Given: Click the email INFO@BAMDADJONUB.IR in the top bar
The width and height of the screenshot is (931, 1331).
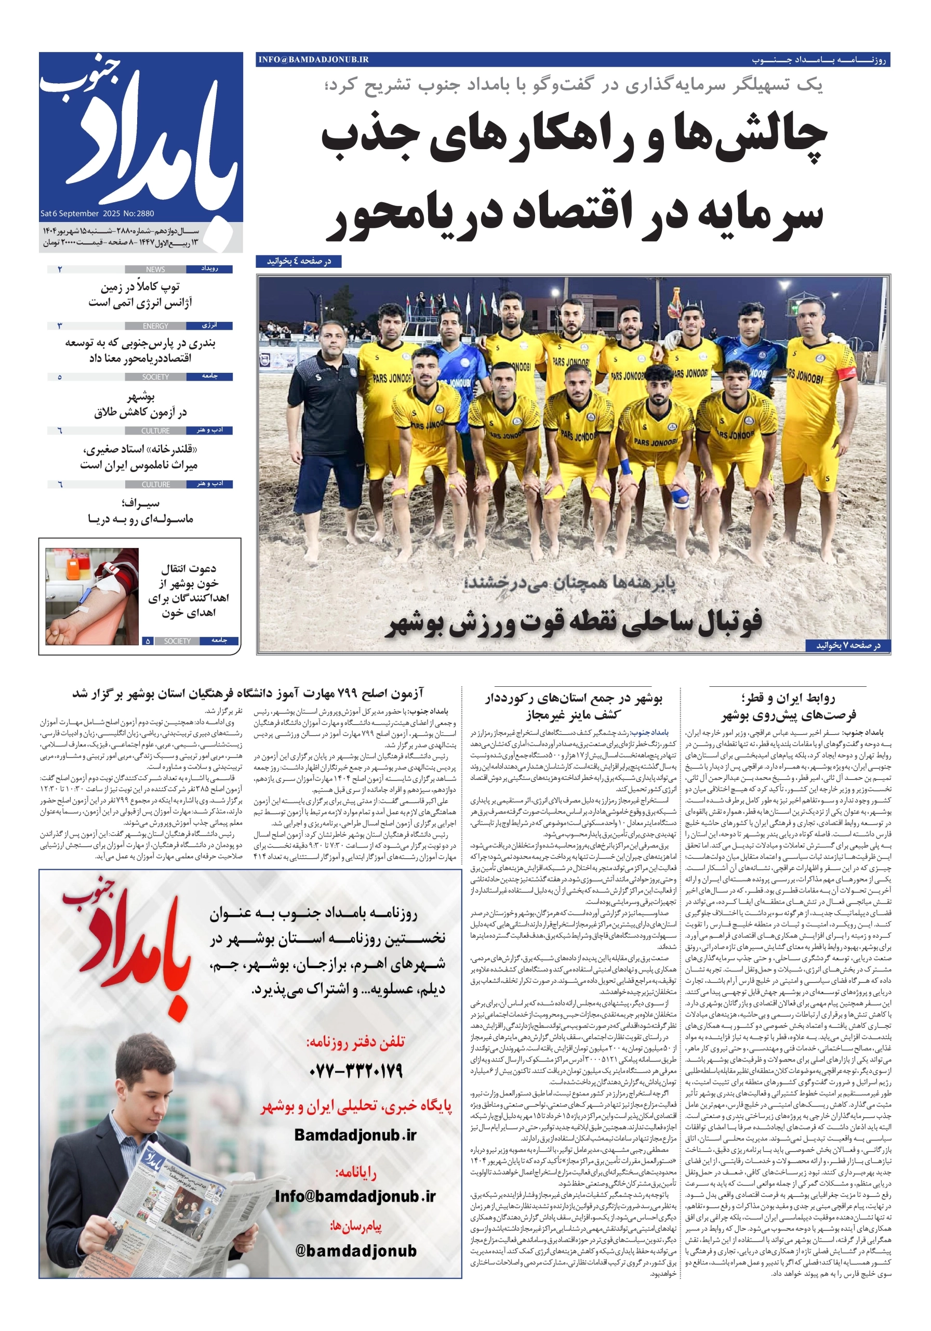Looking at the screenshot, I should (313, 59).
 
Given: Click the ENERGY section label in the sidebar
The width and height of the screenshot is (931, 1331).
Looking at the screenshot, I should (155, 326).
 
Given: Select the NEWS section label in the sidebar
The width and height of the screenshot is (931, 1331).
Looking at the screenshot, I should (155, 269).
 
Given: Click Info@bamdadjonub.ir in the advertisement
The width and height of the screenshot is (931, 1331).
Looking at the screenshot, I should (355, 1196).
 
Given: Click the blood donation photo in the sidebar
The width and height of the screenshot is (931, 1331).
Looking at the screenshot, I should (91, 596).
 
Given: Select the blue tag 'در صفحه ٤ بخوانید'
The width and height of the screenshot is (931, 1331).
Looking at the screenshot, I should (298, 262).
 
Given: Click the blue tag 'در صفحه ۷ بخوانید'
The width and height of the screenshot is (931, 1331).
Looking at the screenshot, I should (848, 645).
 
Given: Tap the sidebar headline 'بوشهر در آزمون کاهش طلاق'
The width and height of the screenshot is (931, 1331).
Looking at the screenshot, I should (140, 404).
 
